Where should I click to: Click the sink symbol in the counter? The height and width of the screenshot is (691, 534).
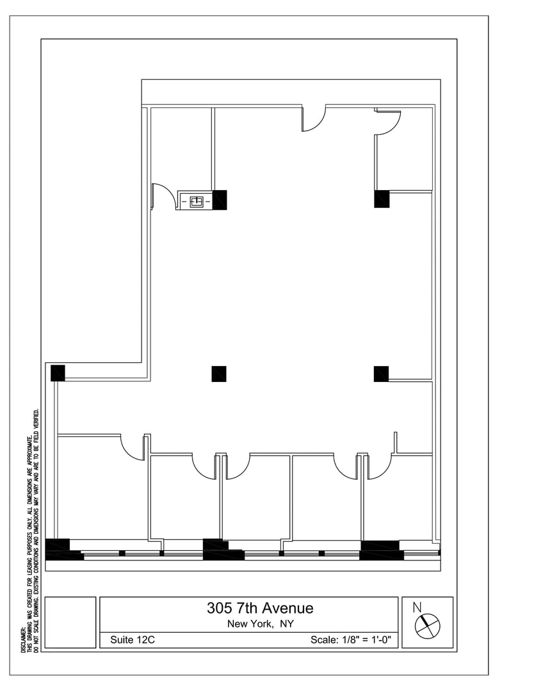(196, 202)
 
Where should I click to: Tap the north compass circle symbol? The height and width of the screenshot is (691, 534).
(427, 625)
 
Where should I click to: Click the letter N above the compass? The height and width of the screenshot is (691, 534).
(417, 607)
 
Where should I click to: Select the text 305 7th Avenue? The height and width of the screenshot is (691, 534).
(260, 608)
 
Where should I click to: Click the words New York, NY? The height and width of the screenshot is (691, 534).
(260, 624)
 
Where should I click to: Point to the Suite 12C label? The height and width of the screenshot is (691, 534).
(133, 639)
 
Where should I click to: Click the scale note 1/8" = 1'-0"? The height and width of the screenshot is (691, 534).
(367, 639)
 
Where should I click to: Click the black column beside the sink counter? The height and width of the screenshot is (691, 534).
(220, 200)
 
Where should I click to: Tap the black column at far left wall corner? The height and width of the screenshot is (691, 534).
(58, 373)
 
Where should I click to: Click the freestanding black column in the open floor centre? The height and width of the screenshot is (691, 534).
(219, 374)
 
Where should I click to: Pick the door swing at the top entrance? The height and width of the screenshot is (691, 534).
(314, 118)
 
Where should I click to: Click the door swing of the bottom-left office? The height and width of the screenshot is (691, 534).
(133, 447)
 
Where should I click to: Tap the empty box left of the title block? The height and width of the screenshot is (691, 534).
(70, 623)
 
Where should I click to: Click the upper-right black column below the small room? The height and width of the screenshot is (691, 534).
(382, 199)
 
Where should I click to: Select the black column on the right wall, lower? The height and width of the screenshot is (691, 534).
(382, 374)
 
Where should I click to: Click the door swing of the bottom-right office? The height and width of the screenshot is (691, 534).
(380, 466)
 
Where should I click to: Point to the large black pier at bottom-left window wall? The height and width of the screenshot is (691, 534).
(63, 550)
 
